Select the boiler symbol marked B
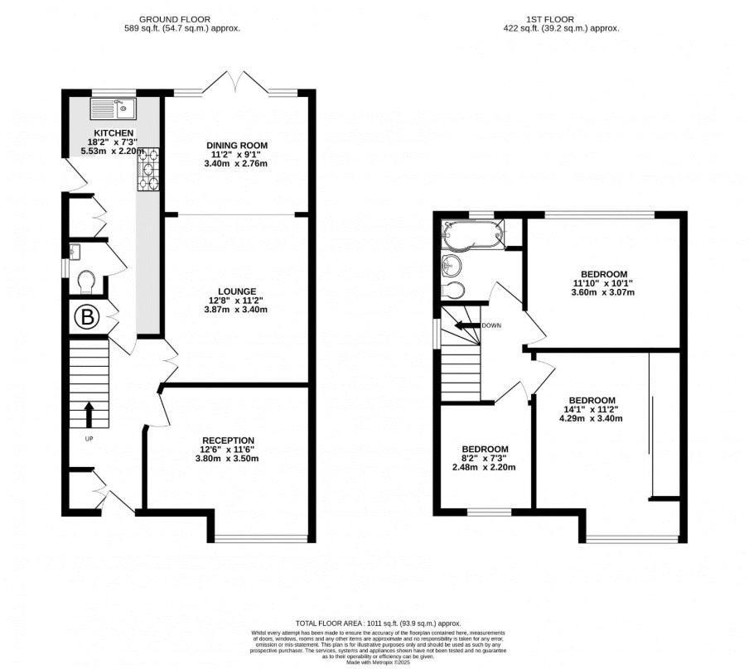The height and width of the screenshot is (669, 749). tap(86, 317)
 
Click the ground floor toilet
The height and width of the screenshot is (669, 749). tap(86, 283)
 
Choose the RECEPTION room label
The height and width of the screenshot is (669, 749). tap(229, 440)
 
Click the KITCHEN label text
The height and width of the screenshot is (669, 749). tap(114, 133)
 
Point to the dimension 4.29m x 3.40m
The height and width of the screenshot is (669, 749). tap(592, 418)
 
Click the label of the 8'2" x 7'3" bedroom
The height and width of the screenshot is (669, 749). tap(485, 449)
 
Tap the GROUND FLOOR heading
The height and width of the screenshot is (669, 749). tap(174, 18)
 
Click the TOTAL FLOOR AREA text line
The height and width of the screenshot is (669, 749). tap(378, 623)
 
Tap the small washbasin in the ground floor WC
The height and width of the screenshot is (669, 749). tap(75, 251)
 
